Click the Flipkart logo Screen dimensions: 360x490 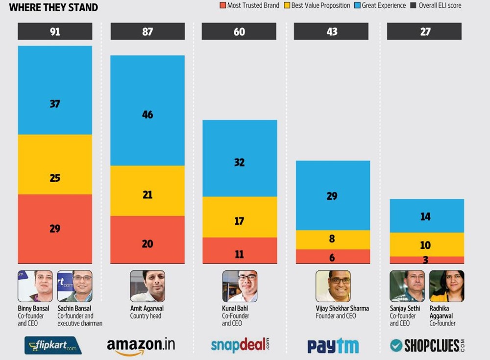tap(53, 345)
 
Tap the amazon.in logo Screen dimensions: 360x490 tap(141, 345)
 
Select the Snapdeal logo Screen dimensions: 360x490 tap(240, 345)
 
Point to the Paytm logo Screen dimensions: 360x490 tap(333, 346)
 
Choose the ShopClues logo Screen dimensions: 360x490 tap(427, 345)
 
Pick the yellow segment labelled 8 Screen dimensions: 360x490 tap(333, 240)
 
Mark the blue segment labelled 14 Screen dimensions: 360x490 tap(425, 216)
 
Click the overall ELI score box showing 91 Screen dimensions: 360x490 tap(55, 31)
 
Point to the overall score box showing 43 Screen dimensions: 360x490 tap(332, 31)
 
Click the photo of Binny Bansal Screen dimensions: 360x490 tap(35, 286)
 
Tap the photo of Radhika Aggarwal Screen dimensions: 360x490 tap(446, 286)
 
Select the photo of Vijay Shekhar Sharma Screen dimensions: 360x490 tap(333, 286)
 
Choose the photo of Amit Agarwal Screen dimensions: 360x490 tap(147, 286)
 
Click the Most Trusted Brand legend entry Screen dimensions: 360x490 tap(249, 5)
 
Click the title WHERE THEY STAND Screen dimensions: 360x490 tap(53, 7)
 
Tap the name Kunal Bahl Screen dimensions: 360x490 tap(235, 309)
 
